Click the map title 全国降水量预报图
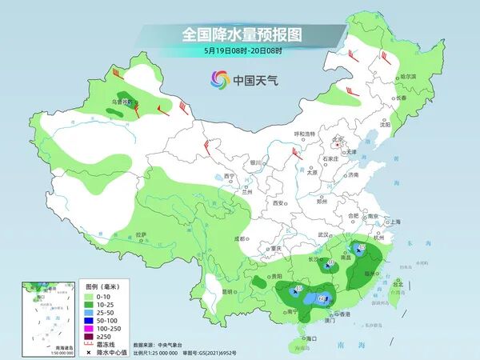tap(240, 34)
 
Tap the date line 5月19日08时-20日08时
tap(240, 50)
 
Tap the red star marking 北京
tap(338, 146)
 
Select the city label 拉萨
tap(142, 234)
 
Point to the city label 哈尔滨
tap(407, 76)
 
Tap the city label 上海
tap(393, 222)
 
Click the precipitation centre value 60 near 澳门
tap(322, 298)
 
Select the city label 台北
tap(398, 282)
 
